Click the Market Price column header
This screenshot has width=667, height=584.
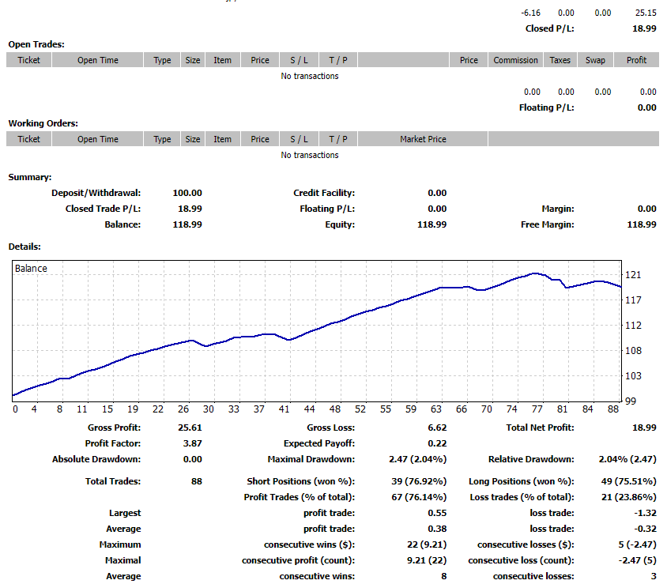pyautogui.click(x=423, y=139)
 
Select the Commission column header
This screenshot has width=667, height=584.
pyautogui.click(x=515, y=60)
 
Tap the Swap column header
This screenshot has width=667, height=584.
pyautogui.click(x=595, y=60)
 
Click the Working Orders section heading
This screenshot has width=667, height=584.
pyautogui.click(x=43, y=123)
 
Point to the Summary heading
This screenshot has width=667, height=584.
pyautogui.click(x=30, y=177)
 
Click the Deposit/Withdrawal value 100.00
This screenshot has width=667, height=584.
pyautogui.click(x=187, y=193)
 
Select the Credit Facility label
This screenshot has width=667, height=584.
pyautogui.click(x=324, y=193)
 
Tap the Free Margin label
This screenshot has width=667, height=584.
pyautogui.click(x=547, y=224)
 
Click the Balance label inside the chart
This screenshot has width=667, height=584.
pyautogui.click(x=31, y=269)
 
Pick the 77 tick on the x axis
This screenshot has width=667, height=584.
pyautogui.click(x=537, y=409)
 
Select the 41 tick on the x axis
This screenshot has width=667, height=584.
pyautogui.click(x=284, y=409)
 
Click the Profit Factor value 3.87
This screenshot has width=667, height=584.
pyautogui.click(x=192, y=443)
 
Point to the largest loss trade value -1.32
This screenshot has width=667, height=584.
pyautogui.click(x=645, y=513)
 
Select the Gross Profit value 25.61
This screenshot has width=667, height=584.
pyautogui.click(x=189, y=428)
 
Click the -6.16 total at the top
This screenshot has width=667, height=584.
pyautogui.click(x=531, y=13)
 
